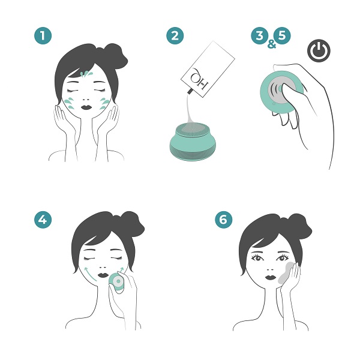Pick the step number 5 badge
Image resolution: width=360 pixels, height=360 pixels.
[x=280, y=35]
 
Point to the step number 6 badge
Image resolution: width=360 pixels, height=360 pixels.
[x=224, y=220]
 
